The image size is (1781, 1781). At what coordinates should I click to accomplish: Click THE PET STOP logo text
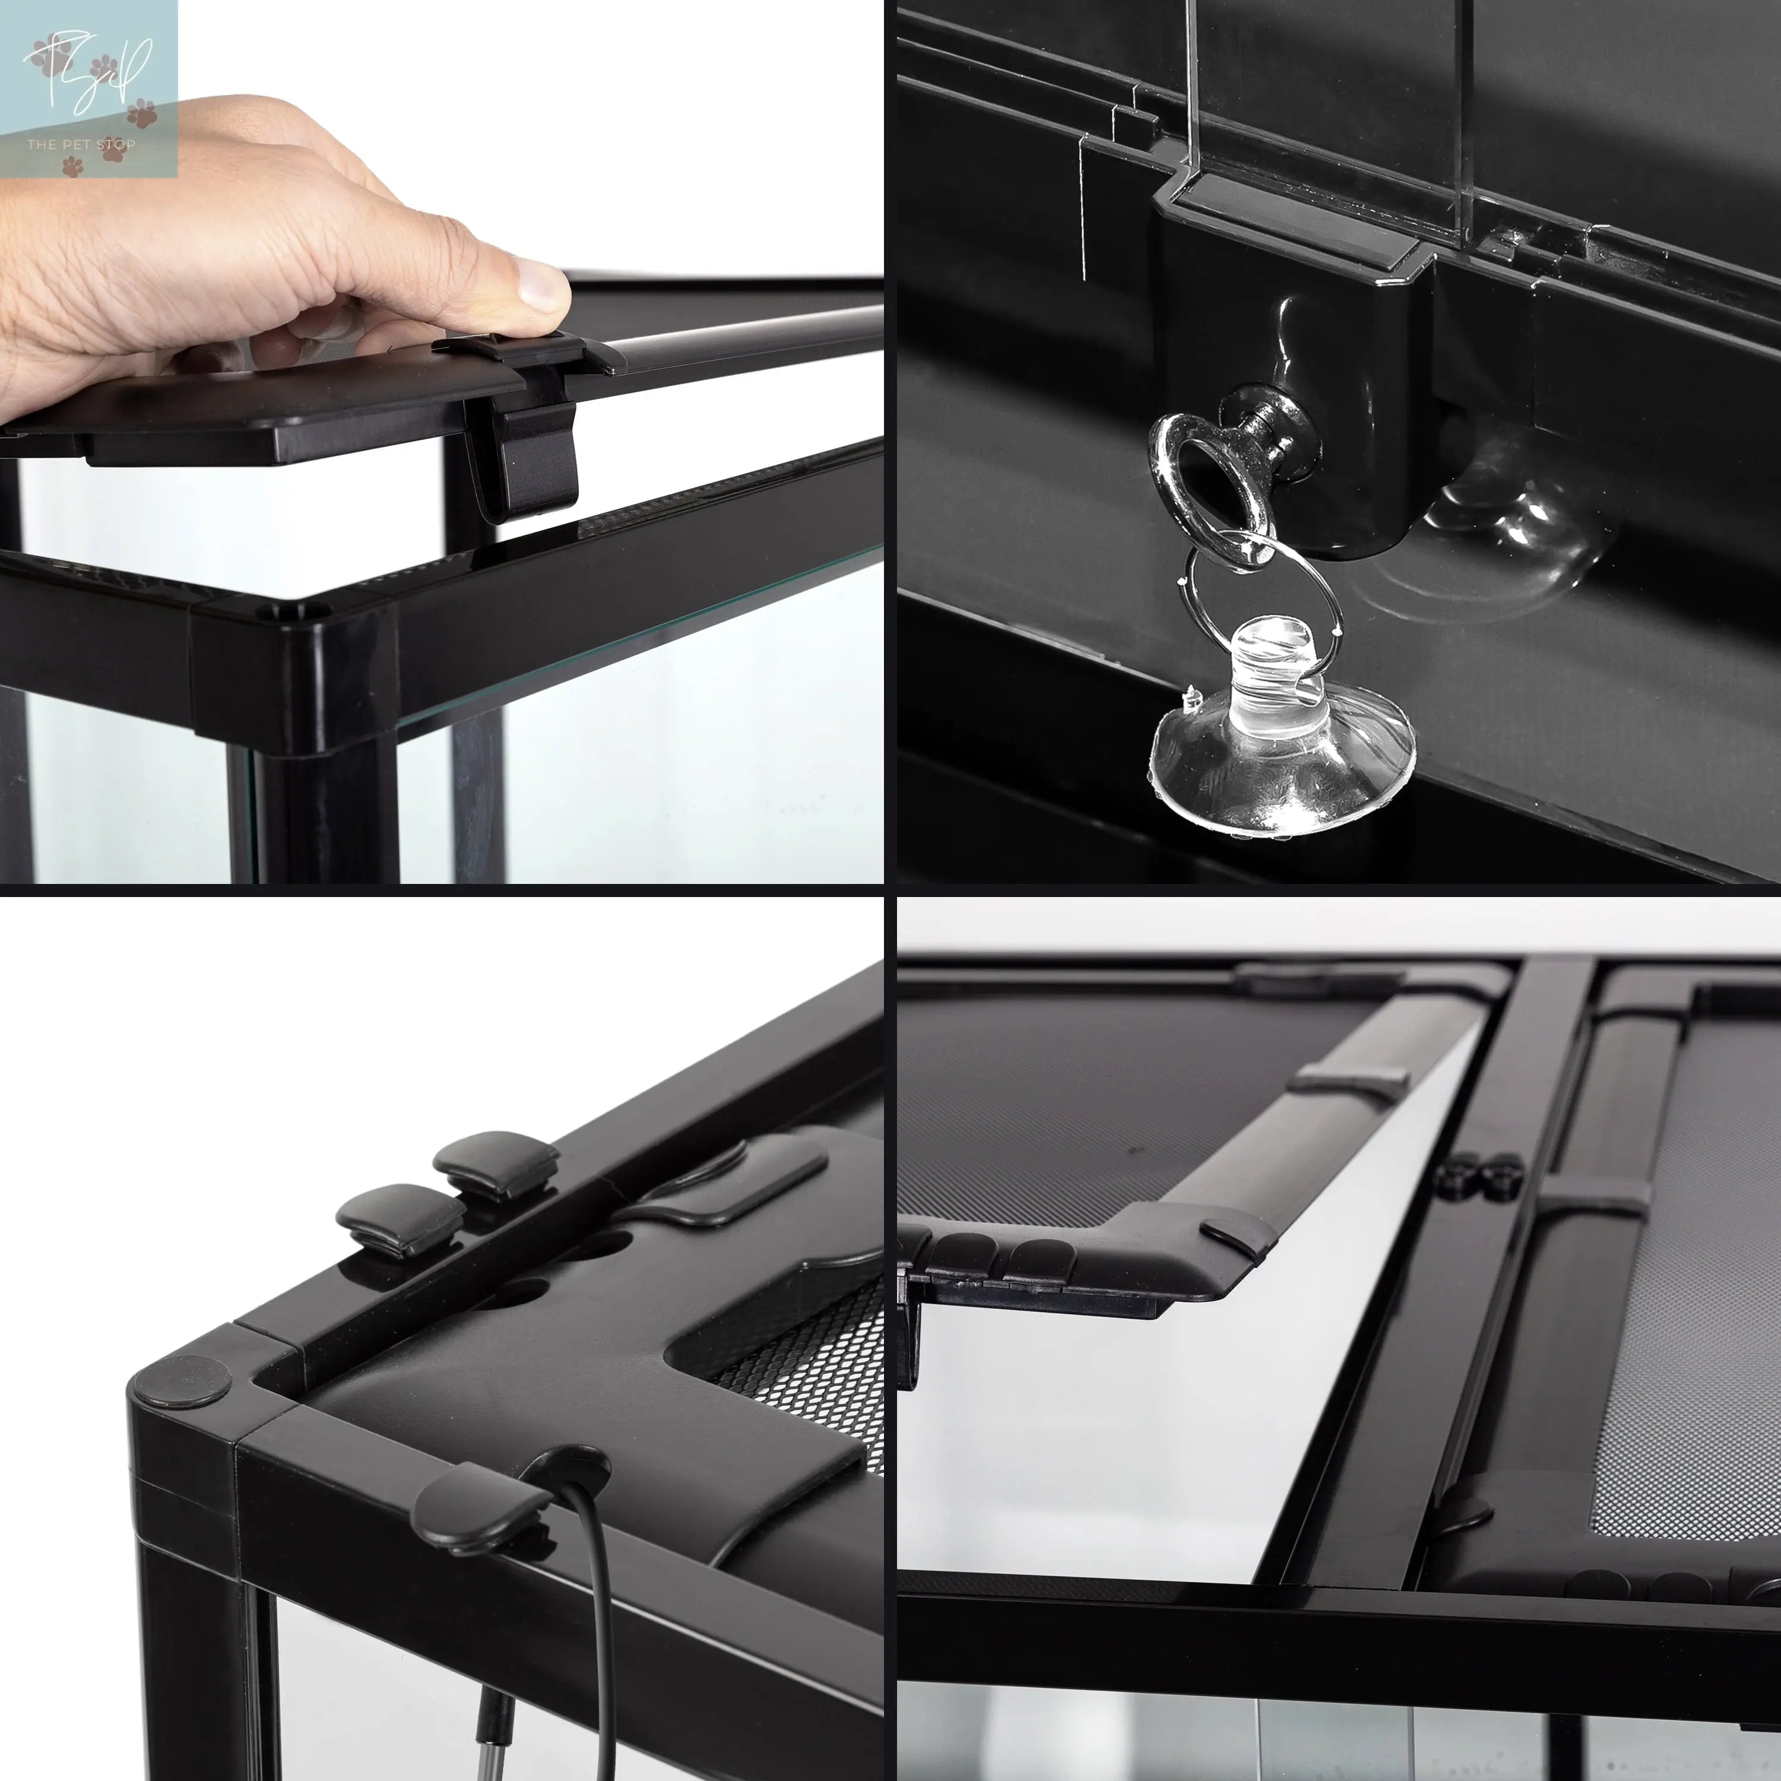point(81,144)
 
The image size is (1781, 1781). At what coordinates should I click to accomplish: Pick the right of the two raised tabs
point(496,1164)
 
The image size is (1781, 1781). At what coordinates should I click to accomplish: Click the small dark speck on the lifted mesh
point(1134,1151)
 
